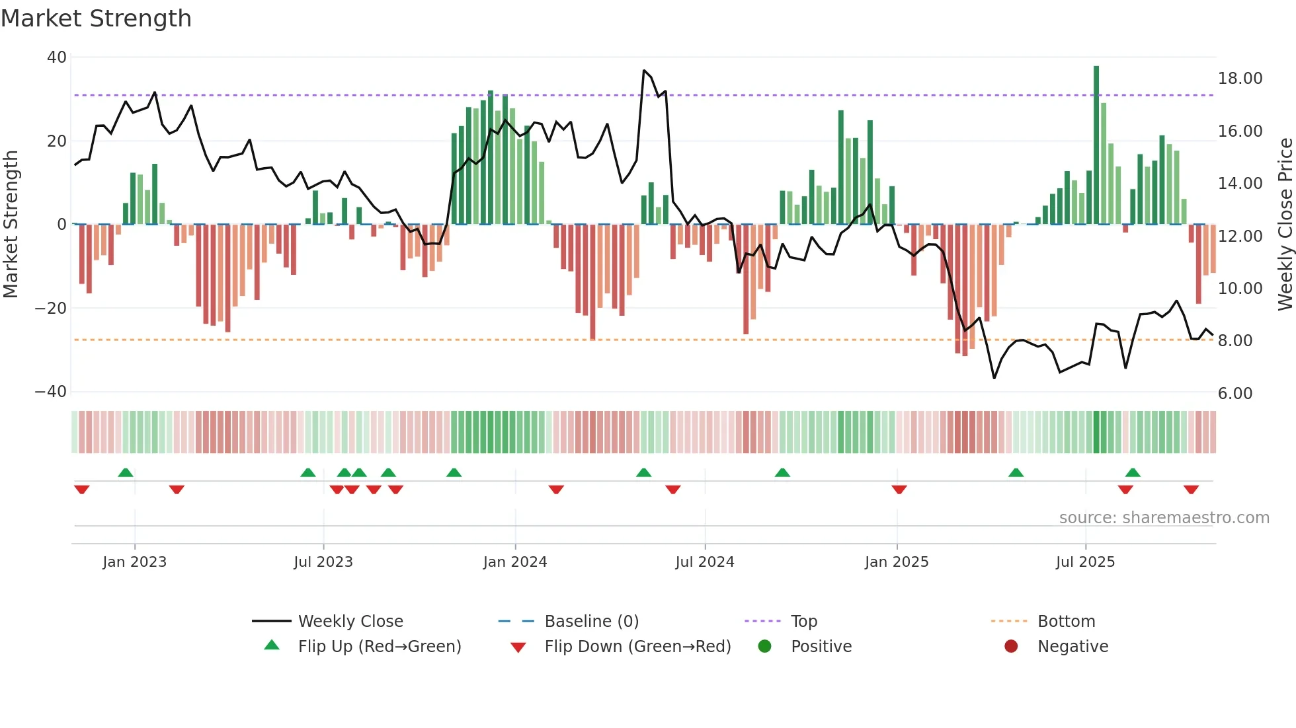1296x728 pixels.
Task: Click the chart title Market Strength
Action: click(96, 18)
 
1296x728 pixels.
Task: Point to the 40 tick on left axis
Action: click(57, 57)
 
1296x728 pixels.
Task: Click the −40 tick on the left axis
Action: click(51, 392)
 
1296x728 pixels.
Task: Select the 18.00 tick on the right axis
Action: click(1240, 79)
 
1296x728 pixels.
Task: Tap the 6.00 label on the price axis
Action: click(1235, 394)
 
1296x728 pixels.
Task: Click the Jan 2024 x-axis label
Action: click(515, 562)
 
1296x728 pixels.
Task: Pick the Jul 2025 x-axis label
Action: click(1085, 562)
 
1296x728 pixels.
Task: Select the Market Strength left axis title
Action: click(11, 225)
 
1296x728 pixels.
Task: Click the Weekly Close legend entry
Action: click(350, 622)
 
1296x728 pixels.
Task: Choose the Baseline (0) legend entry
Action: click(591, 622)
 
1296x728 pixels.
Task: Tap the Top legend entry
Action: click(803, 622)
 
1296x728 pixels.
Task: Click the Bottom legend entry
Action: click(1066, 622)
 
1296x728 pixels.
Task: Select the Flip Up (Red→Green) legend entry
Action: click(379, 647)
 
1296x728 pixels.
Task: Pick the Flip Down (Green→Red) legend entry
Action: click(637, 647)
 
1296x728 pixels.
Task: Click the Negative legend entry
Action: click(1072, 647)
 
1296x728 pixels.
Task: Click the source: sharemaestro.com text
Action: click(1164, 518)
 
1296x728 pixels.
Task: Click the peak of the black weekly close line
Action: click(644, 70)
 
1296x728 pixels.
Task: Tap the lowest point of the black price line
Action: click(994, 378)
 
